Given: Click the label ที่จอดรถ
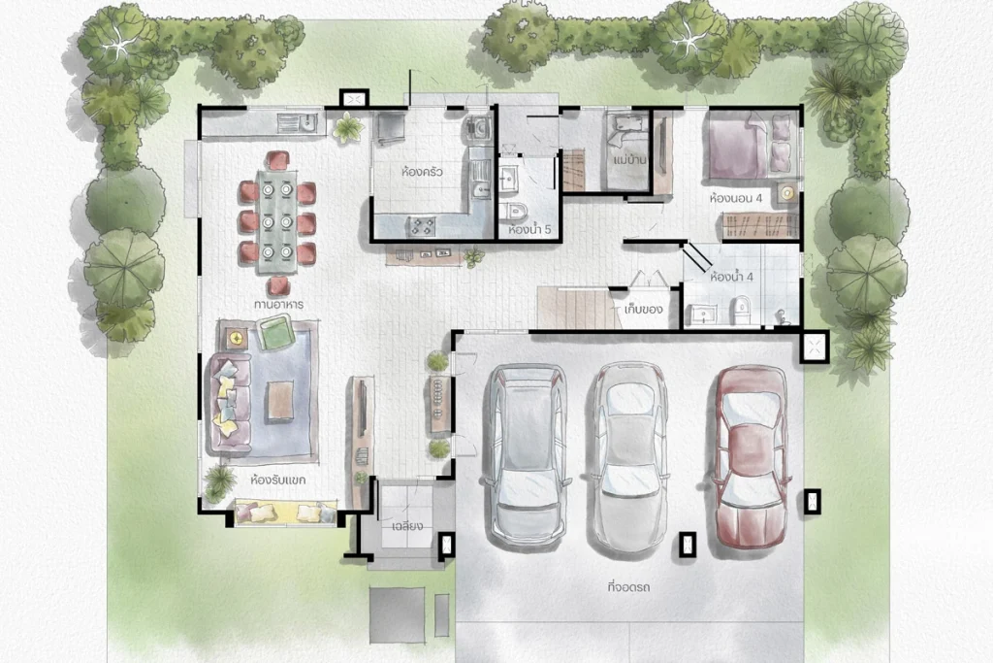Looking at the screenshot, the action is pos(628,587).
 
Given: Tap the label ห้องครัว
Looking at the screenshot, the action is pos(422,172).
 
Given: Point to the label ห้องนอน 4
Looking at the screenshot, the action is pos(735,198).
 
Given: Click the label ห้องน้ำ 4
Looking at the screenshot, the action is pos(731,277).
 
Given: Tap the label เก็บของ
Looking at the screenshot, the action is pos(644,310).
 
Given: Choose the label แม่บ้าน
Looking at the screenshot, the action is pos(630,160).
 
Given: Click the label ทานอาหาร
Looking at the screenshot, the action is pos(278,304).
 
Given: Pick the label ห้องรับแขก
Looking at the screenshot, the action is pos(278,480).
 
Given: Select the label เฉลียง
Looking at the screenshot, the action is pos(407,526).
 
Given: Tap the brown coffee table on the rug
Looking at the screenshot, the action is pos(279,401).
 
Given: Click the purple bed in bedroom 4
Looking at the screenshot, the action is pos(750,146).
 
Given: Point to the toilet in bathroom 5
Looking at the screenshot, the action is pos(514,210).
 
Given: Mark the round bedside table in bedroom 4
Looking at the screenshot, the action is pos(787,193).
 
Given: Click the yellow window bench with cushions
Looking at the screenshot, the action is pos(285,513).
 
